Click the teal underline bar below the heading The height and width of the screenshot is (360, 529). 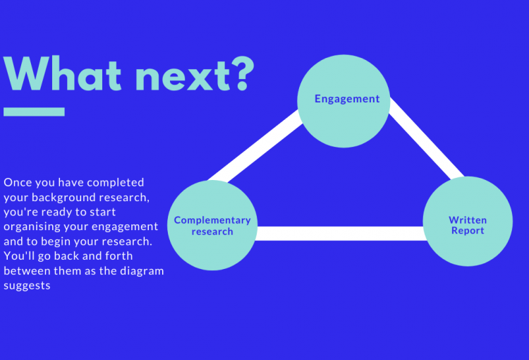tap(34, 112)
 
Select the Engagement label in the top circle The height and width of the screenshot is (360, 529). tap(347, 99)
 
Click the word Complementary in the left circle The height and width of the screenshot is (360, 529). tap(212, 220)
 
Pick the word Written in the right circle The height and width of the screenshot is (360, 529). tap(468, 220)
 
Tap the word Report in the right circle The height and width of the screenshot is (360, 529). tap(468, 232)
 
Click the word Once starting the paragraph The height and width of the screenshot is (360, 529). tap(18, 182)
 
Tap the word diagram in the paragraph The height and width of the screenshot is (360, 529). tap(140, 271)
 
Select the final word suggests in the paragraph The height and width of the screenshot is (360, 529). tap(27, 286)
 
